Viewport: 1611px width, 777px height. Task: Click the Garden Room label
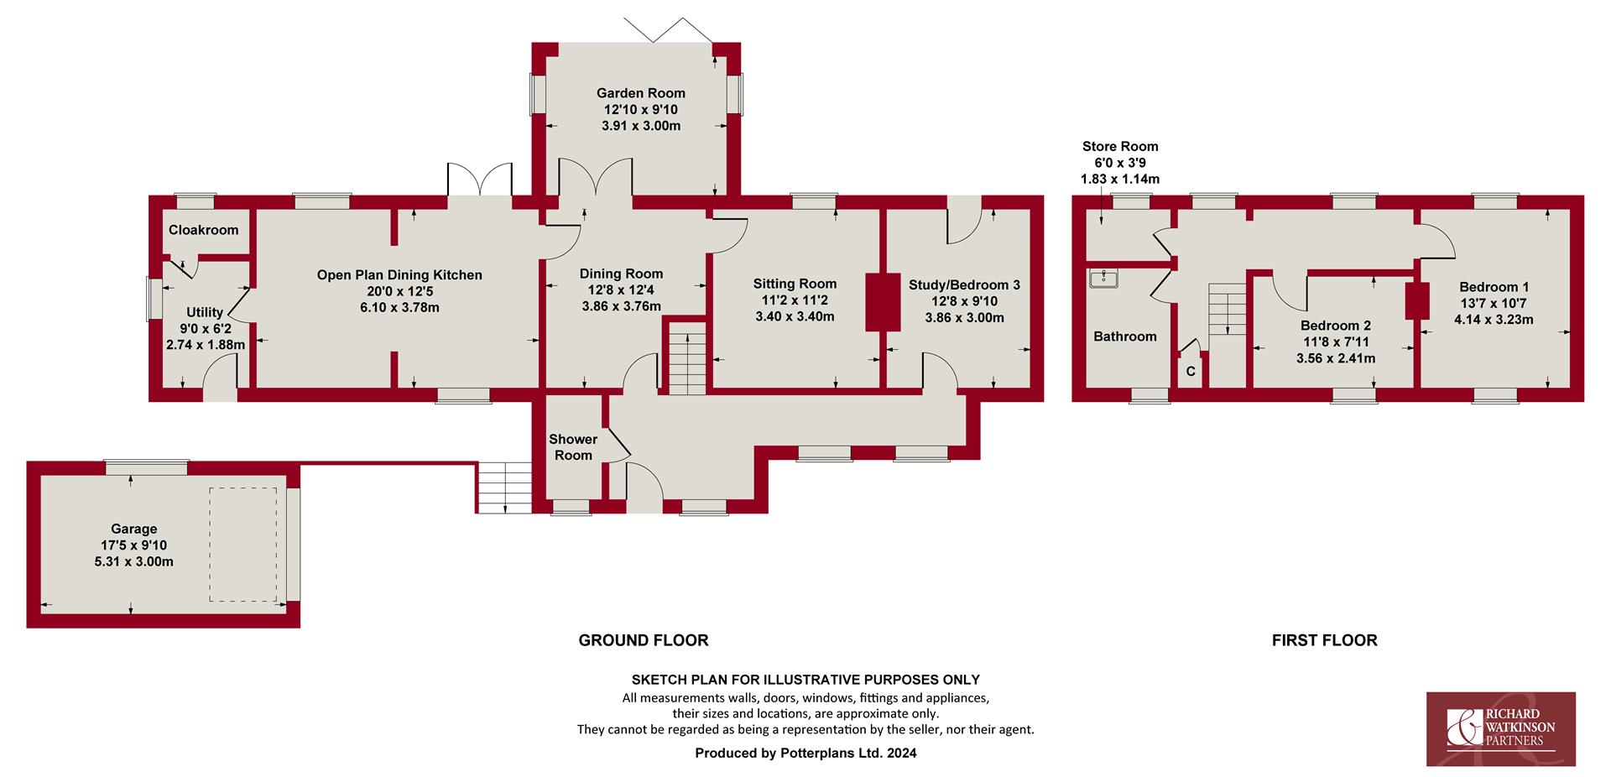tap(641, 93)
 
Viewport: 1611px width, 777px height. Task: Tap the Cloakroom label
tap(203, 230)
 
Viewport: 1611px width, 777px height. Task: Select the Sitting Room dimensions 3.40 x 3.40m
tap(795, 316)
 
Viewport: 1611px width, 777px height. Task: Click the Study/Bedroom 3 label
tap(964, 285)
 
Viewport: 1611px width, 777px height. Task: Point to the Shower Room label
tap(573, 447)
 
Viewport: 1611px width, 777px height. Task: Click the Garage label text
tap(134, 529)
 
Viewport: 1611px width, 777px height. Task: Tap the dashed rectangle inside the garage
tap(242, 545)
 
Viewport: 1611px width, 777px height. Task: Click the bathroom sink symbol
tap(1103, 278)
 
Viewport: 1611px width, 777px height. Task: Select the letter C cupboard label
tap(1191, 372)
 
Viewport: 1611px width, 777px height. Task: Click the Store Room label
tap(1120, 146)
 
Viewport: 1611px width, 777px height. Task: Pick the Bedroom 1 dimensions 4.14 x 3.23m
tap(1494, 320)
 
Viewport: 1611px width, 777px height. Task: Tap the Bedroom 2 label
tap(1336, 326)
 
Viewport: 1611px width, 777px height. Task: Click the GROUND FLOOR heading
tap(644, 640)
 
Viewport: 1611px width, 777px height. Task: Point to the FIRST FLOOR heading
tap(1325, 640)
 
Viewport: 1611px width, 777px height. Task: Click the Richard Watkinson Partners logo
tap(1501, 729)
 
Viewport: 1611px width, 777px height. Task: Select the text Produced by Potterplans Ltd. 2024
tap(805, 754)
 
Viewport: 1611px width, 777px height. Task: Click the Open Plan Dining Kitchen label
tap(399, 275)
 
